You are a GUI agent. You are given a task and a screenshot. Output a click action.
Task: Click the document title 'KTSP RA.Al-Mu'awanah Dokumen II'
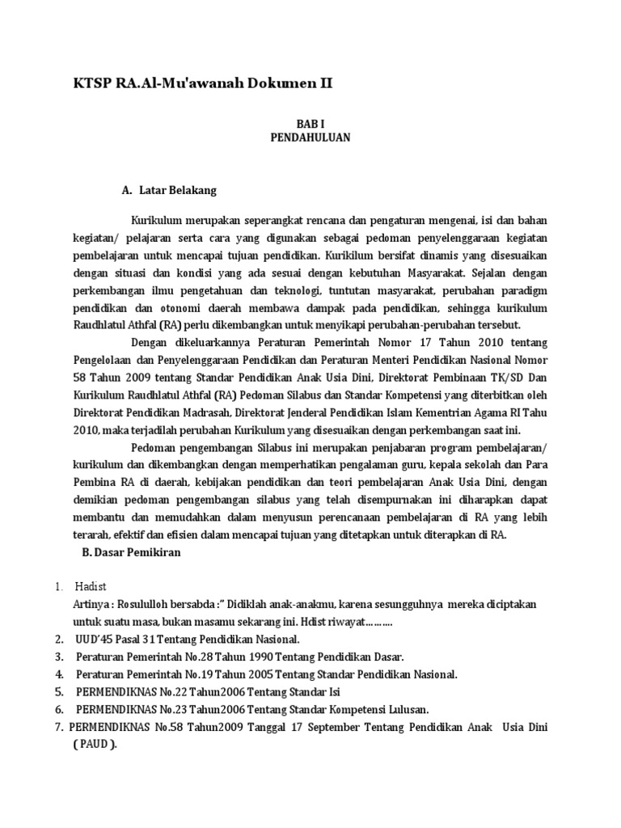[x=201, y=83]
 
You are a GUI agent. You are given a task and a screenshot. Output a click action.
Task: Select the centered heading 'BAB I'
[x=310, y=125]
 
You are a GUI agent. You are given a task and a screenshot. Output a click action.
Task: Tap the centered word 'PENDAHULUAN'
[x=310, y=138]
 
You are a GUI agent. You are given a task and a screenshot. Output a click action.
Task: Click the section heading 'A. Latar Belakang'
[x=169, y=191]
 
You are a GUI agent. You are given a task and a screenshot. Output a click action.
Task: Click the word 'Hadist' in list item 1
[x=91, y=586]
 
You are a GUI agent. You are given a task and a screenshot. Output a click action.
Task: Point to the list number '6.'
[x=60, y=710]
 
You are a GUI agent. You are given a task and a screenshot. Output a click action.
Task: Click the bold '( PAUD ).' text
[x=96, y=746]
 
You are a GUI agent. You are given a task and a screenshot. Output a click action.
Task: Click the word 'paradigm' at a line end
[x=522, y=289]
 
